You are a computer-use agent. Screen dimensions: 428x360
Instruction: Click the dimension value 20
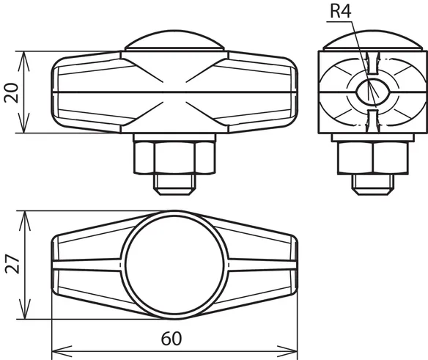[x=11, y=92]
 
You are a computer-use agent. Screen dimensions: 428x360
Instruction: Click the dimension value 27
[x=12, y=264]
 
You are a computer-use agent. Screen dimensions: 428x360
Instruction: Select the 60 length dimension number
[x=171, y=339]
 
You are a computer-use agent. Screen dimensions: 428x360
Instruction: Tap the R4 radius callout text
[x=340, y=12]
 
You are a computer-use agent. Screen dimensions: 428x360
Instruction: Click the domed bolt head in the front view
[x=174, y=40]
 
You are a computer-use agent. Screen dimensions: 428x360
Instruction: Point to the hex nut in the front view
[x=174, y=158]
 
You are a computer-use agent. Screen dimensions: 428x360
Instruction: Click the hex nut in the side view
[x=373, y=158]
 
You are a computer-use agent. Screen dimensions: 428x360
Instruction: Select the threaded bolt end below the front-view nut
[x=174, y=184]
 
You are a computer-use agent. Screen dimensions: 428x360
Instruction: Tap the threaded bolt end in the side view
[x=373, y=184]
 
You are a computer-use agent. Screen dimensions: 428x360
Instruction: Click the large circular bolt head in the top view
[x=174, y=265]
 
